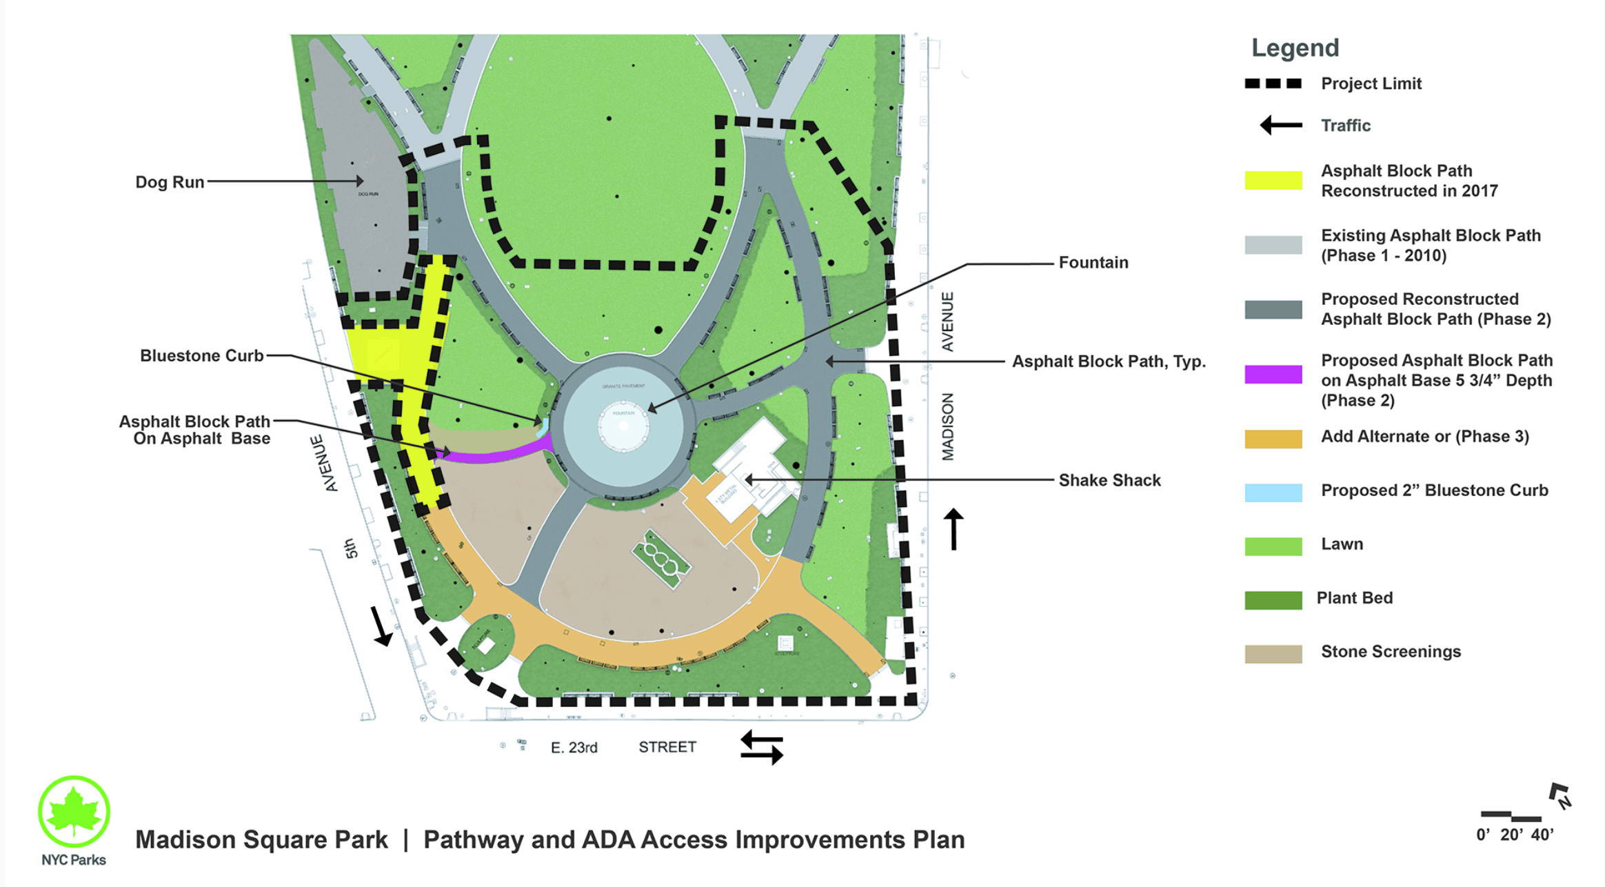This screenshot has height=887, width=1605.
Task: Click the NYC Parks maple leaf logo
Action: pyautogui.click(x=74, y=811)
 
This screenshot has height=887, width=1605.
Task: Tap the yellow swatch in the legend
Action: pyautogui.click(x=1273, y=180)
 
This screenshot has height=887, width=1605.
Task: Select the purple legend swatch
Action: pyautogui.click(x=1273, y=375)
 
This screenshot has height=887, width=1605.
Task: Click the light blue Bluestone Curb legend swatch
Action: pyautogui.click(x=1273, y=492)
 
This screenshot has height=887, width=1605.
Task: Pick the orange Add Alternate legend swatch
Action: pyautogui.click(x=1273, y=439)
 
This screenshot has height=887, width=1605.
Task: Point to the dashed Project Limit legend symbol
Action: pyautogui.click(x=1273, y=83)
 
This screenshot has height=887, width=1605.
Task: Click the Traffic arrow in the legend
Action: pyautogui.click(x=1281, y=126)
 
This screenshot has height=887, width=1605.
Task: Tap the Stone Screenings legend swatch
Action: pyautogui.click(x=1273, y=653)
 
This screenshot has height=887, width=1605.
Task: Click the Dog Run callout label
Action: pyautogui.click(x=170, y=182)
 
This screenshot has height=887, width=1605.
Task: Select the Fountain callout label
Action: pyautogui.click(x=1093, y=263)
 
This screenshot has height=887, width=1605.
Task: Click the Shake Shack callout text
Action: pyautogui.click(x=1109, y=480)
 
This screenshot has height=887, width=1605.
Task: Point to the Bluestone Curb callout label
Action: pyautogui.click(x=201, y=356)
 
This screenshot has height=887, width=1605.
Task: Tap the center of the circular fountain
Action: pyautogui.click(x=624, y=426)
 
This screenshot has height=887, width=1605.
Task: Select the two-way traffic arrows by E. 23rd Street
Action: pyautogui.click(x=762, y=748)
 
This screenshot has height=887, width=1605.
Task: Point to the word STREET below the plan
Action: pyautogui.click(x=667, y=747)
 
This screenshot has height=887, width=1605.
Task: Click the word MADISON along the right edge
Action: pyautogui.click(x=949, y=427)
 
